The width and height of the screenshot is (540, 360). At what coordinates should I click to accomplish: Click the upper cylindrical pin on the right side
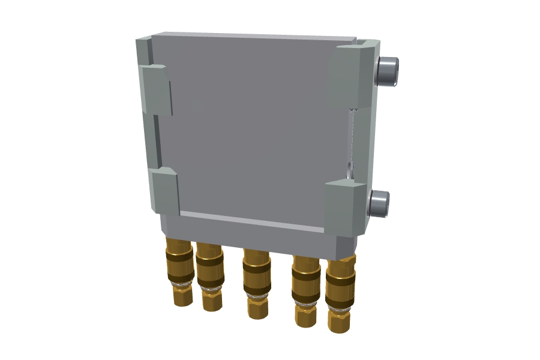click(388, 71)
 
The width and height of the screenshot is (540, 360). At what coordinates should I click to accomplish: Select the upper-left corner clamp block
click(156, 89)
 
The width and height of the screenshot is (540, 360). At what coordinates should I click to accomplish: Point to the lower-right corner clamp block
click(344, 209)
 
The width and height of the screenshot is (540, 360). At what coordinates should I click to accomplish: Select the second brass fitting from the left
click(210, 276)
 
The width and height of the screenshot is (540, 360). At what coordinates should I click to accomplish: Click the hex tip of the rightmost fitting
click(339, 321)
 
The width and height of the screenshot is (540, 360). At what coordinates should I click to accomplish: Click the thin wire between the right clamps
click(351, 138)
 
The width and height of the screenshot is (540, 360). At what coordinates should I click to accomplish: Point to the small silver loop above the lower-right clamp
click(350, 170)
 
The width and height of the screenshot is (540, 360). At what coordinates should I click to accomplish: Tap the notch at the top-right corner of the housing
click(364, 43)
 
